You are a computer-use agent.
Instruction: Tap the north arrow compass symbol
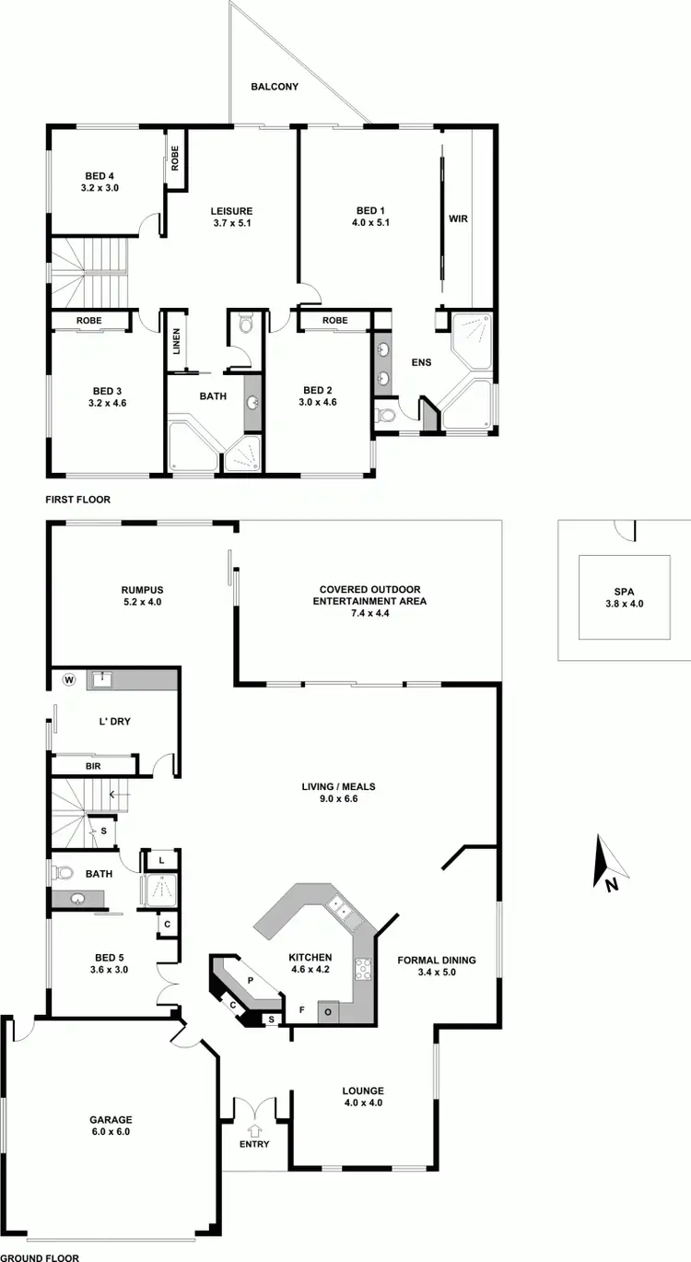click(608, 863)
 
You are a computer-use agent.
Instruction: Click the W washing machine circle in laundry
click(68, 680)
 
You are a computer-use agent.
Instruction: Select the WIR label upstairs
click(458, 219)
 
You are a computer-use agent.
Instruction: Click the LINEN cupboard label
click(176, 342)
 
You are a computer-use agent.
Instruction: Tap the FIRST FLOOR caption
click(77, 500)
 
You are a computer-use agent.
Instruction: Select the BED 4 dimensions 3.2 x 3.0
click(101, 188)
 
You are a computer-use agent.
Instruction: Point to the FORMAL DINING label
click(438, 960)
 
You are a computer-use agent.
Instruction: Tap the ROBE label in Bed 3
click(88, 321)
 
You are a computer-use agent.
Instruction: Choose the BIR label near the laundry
click(92, 766)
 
